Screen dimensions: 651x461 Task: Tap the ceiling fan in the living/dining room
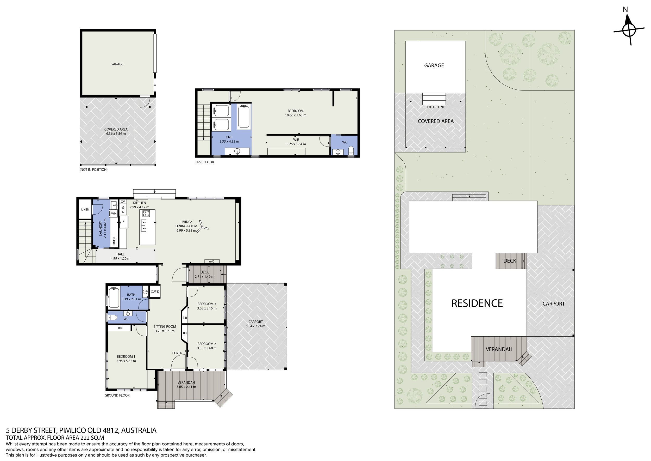204,226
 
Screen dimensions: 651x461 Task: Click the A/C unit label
211,262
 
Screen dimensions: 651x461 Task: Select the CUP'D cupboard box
155,292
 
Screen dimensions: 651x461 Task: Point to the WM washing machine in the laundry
114,214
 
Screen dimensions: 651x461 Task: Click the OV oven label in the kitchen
123,202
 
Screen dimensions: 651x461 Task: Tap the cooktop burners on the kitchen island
146,214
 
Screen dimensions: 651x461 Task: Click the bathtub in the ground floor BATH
114,298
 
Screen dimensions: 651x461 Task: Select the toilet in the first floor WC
351,151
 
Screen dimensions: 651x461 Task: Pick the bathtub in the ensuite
243,116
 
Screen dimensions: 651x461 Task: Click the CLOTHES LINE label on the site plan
434,107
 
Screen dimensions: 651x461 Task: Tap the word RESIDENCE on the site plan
477,303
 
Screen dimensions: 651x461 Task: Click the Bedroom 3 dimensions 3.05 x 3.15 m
207,308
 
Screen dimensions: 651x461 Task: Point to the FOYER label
177,353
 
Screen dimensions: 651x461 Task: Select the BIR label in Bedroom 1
120,328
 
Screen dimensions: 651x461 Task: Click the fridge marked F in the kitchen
124,222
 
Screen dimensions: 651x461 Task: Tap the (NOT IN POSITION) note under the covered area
93,169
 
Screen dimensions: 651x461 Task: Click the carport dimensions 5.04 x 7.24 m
255,326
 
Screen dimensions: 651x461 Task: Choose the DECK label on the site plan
510,260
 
